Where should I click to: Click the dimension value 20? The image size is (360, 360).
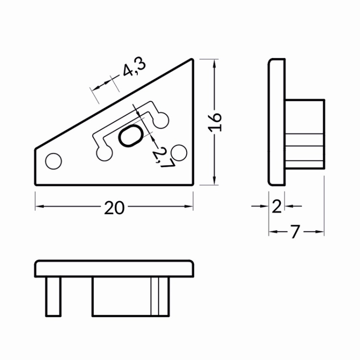114,208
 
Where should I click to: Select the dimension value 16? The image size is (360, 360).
215,122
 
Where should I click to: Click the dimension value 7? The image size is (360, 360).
295,232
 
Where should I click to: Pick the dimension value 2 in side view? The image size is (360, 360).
276,206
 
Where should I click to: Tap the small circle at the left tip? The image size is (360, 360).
53,161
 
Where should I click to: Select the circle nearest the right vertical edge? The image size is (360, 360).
179,153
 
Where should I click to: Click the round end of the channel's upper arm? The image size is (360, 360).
161,120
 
